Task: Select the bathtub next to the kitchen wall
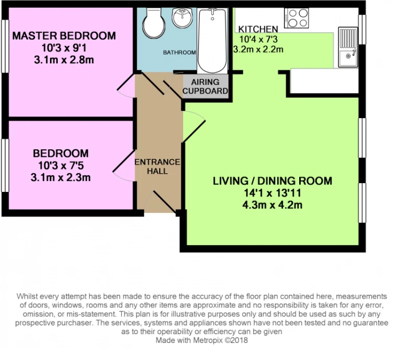pyautogui.click(x=212, y=41)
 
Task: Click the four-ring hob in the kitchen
pyautogui.click(x=297, y=18)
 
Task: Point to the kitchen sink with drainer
pyautogui.click(x=348, y=47)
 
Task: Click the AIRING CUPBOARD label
pyautogui.click(x=205, y=86)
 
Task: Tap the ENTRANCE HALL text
pyautogui.click(x=157, y=166)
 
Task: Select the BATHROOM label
pyautogui.click(x=180, y=53)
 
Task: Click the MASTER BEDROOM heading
pyautogui.click(x=64, y=36)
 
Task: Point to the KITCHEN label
pyautogui.click(x=258, y=29)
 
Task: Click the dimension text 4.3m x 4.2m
pyautogui.click(x=272, y=205)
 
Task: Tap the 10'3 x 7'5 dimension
pyautogui.click(x=61, y=165)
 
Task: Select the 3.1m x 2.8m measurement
pyautogui.click(x=64, y=60)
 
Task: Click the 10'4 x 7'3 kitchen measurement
pyautogui.click(x=259, y=39)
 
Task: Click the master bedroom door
pyautogui.click(x=126, y=85)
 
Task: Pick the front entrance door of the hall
pyautogui.click(x=161, y=201)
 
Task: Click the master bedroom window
pyautogui.click(x=5, y=46)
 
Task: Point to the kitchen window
pyautogui.click(x=362, y=29)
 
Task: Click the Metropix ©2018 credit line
pyautogui.click(x=201, y=340)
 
